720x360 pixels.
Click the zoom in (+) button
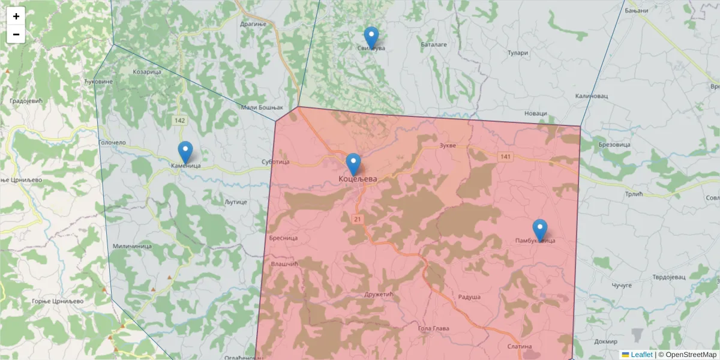[x=16, y=16]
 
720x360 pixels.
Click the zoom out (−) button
[x=16, y=34]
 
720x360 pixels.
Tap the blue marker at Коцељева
[x=354, y=164]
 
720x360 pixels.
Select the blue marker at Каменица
[x=185, y=152]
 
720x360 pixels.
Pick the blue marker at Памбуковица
[x=540, y=230]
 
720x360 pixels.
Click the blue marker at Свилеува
[x=371, y=37]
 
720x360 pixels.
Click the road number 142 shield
[x=179, y=121]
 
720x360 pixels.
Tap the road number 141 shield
[x=505, y=157]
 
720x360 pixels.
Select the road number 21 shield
[x=358, y=218]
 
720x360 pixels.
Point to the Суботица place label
[x=276, y=162]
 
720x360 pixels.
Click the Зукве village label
[x=448, y=146]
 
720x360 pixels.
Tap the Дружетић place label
[x=378, y=295]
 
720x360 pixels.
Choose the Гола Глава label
[x=433, y=328]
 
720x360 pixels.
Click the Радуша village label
[x=469, y=297]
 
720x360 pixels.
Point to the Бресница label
[x=284, y=238]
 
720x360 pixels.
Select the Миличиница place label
[x=132, y=247]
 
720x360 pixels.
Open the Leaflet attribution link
[x=641, y=355]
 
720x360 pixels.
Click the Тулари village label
[x=517, y=53]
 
